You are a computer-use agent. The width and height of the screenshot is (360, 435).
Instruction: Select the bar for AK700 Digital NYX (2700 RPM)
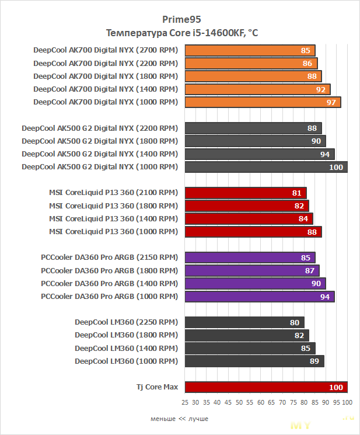pos(250,50)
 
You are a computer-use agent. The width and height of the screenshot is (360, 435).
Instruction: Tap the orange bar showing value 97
pos(263,102)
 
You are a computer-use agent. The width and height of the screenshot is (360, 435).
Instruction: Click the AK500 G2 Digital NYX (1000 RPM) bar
pos(265,167)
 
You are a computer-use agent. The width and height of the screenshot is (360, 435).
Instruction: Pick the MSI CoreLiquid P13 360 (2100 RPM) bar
pos(245,193)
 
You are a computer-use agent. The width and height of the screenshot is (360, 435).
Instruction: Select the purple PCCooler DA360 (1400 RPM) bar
pos(255,283)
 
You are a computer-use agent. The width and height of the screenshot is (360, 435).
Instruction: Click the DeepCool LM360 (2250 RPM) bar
pos(244,322)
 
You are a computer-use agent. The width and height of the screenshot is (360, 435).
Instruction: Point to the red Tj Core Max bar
pos(265,387)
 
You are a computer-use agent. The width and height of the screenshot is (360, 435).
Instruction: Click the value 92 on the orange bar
pos(321,89)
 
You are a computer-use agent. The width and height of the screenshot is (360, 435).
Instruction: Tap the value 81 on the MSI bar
pos(297,193)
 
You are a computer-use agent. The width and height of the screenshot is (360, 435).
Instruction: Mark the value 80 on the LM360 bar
pos(295,322)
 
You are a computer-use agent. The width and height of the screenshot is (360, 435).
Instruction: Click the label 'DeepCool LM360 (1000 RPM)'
pos(126,361)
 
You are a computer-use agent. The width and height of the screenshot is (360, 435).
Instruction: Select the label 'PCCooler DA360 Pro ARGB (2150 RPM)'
pos(109,257)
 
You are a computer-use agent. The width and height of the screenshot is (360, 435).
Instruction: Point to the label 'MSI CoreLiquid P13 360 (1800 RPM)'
pos(113,206)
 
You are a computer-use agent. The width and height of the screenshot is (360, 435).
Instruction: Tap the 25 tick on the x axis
pos(185,403)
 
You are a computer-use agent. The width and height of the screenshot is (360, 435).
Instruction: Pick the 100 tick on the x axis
pos(347,403)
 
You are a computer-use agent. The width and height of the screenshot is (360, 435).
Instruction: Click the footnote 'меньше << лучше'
pos(179,419)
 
